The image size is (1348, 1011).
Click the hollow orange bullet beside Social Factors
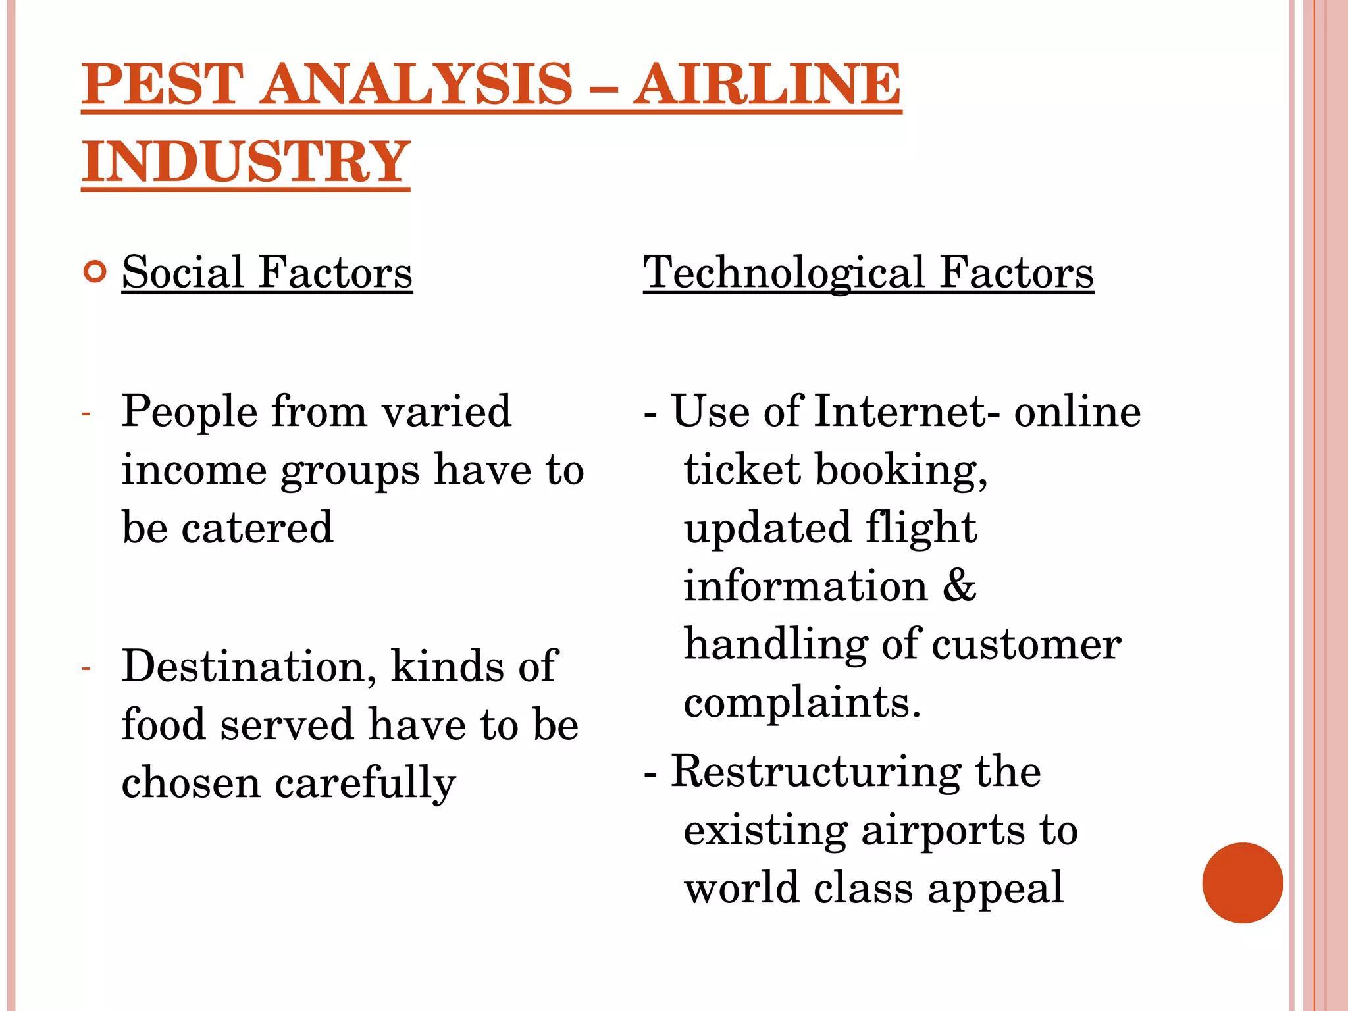point(95,272)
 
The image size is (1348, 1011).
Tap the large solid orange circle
point(1242,883)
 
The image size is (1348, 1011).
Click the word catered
point(257,528)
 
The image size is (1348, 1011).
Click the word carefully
point(365,784)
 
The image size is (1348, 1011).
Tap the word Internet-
point(908,412)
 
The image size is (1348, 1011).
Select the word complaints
point(802,703)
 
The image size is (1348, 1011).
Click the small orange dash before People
point(86,414)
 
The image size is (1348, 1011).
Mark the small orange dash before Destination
point(86,669)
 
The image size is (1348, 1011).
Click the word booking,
point(901,471)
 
